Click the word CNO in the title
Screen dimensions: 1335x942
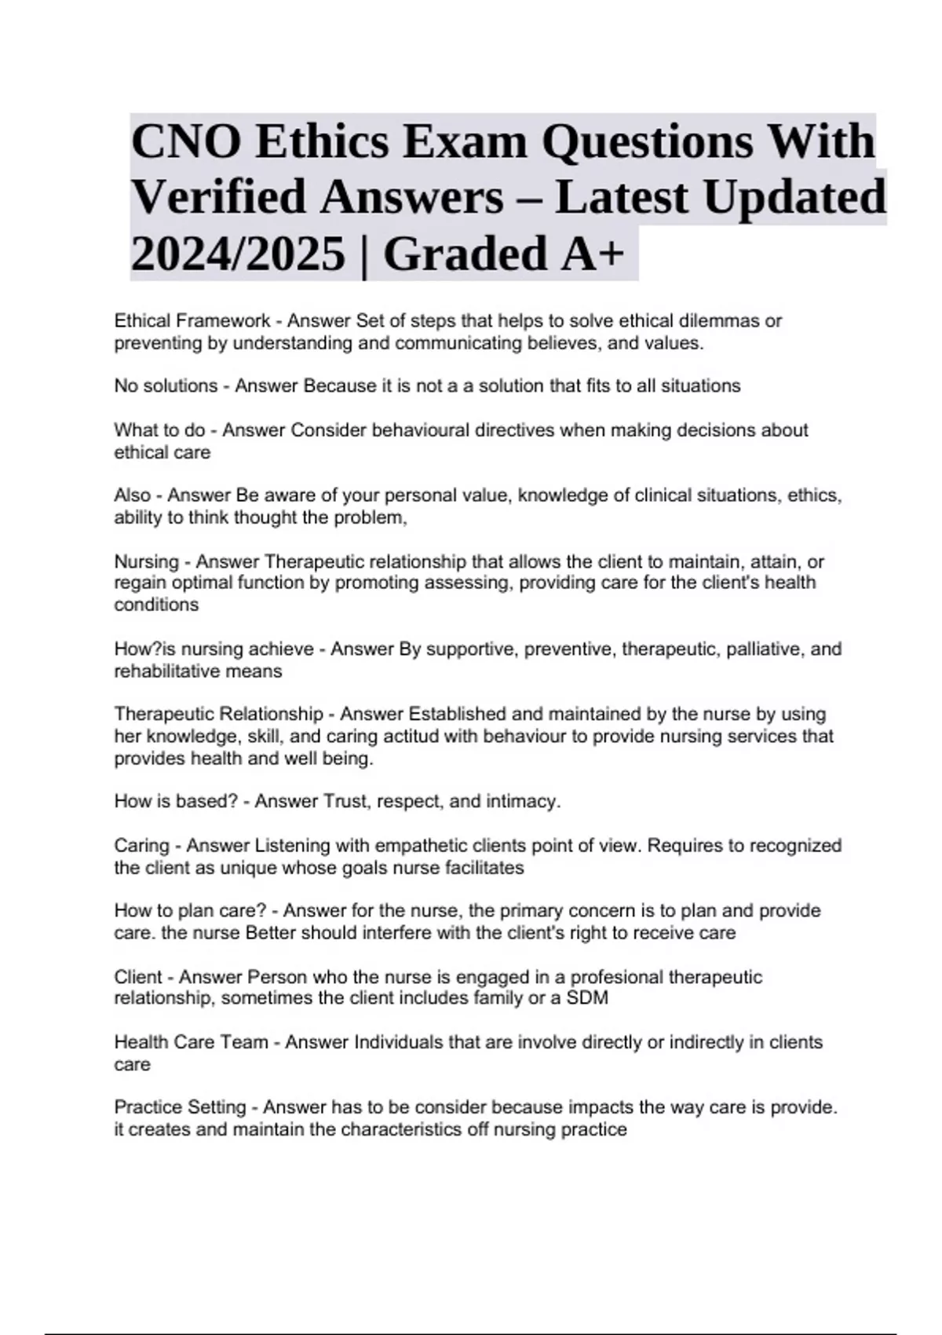184,142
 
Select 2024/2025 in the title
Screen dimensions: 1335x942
238,254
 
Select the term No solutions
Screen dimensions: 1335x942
166,386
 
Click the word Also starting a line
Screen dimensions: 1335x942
132,496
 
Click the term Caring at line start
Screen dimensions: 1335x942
141,846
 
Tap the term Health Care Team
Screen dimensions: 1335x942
191,1042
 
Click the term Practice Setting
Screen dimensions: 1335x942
180,1107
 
